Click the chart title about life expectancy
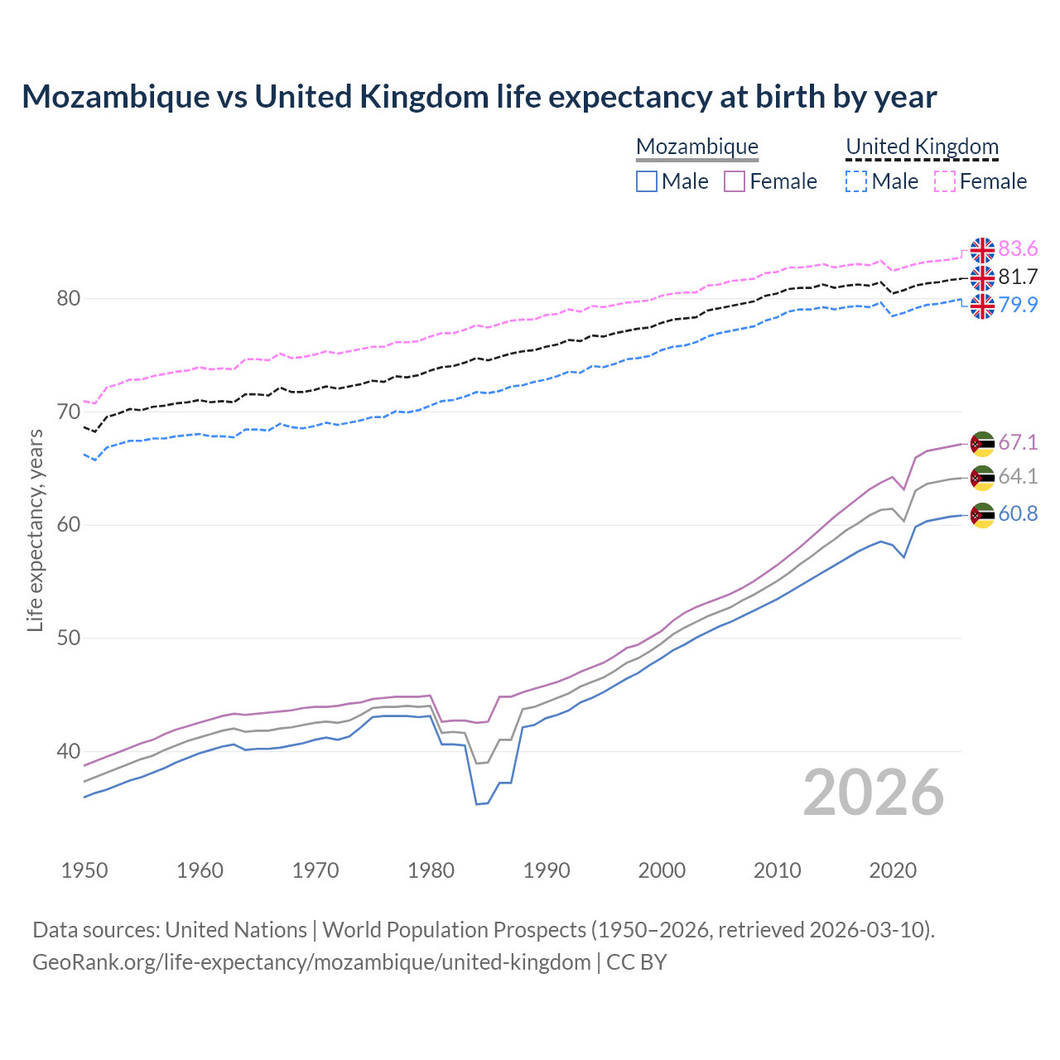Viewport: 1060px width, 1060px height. [479, 97]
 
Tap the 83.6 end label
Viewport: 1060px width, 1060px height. [1018, 249]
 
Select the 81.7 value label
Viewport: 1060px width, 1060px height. [1018, 277]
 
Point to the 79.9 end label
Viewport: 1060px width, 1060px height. [1018, 305]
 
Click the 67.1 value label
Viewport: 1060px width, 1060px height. [1018, 443]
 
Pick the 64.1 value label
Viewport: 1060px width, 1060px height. [1018, 477]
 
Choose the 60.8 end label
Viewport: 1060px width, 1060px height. [1018, 514]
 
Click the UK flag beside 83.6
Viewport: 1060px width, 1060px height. [982, 249]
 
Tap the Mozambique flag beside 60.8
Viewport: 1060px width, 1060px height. [982, 514]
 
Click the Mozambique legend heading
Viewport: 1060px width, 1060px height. [697, 147]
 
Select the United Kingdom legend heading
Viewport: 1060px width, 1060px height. [922, 147]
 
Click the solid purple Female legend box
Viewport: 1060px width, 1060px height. [735, 181]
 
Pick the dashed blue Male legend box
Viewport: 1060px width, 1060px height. [856, 181]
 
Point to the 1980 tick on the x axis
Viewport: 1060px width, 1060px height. [431, 870]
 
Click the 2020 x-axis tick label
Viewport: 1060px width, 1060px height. [893, 870]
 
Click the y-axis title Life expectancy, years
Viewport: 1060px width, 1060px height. [35, 530]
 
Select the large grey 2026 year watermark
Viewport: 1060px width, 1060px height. [874, 793]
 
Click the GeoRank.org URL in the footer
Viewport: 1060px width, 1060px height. [311, 962]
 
